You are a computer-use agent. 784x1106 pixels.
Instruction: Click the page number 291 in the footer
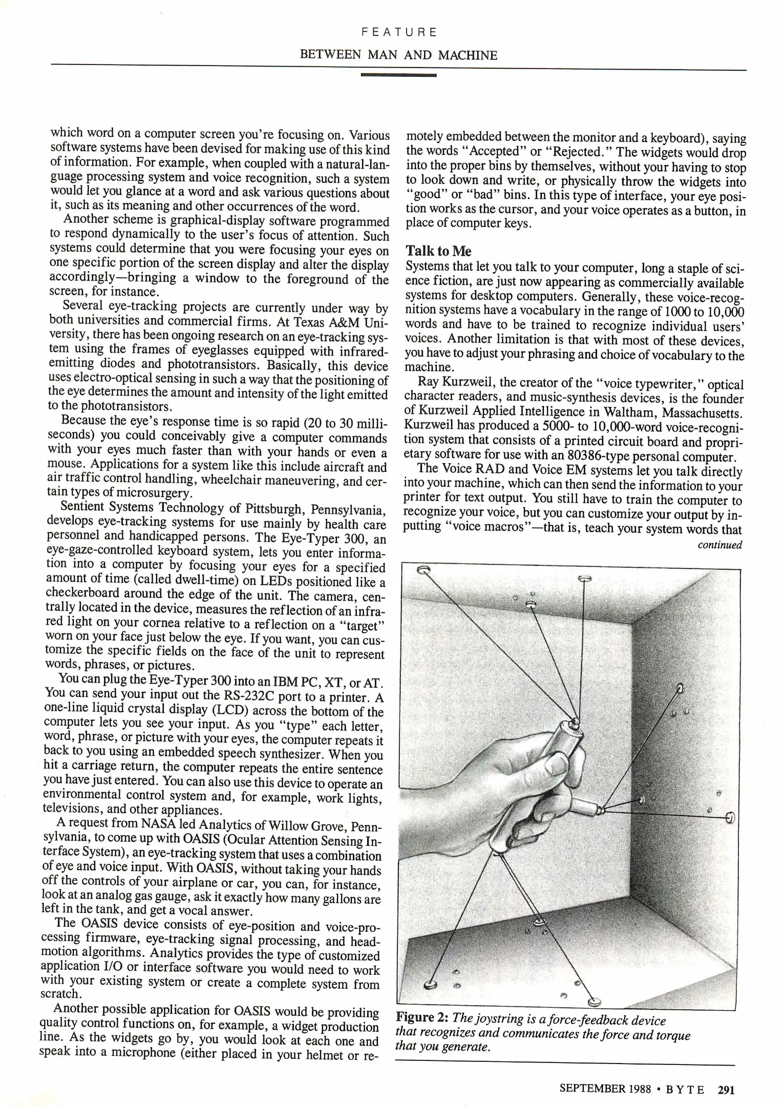(726, 1090)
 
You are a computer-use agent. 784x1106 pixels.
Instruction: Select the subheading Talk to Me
(438, 251)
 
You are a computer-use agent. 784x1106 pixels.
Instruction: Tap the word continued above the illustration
(719, 545)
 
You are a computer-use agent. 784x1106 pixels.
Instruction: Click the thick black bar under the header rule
(398, 75)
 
